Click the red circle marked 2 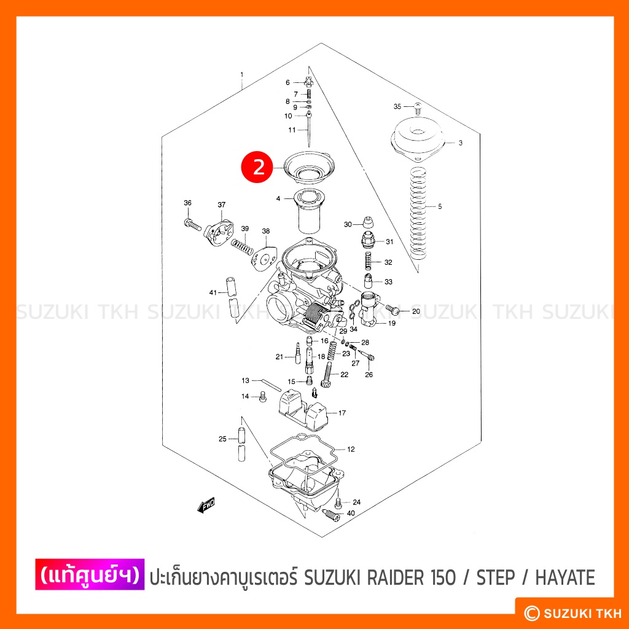coord(259,167)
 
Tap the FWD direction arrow coord(206,505)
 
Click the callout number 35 coord(397,106)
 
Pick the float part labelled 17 coord(303,410)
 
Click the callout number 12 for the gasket coord(351,449)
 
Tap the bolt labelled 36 coord(192,224)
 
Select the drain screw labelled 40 coord(331,515)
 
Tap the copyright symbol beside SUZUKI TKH coord(532,613)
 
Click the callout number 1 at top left coord(242,74)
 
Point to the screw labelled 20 coord(393,310)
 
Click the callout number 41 coord(213,292)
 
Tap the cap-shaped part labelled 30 coord(368,222)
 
